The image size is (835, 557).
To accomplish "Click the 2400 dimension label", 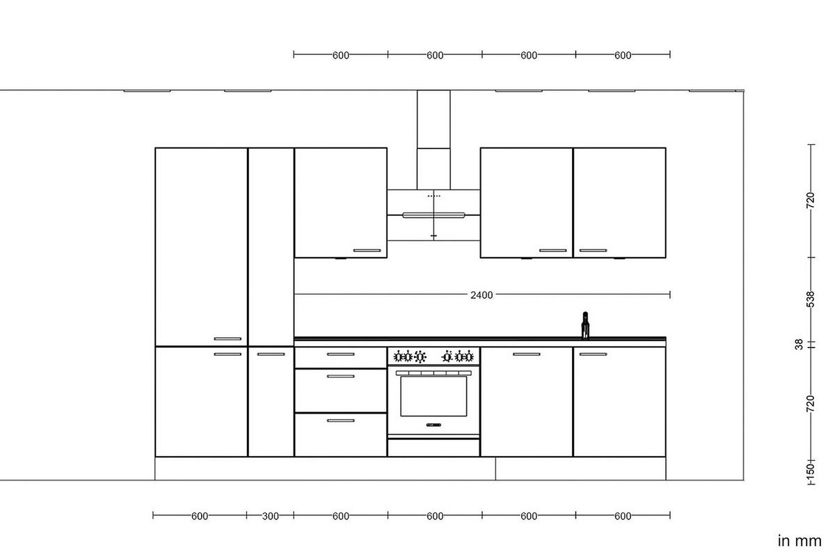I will click(x=481, y=295).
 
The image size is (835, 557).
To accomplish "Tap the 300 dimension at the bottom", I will click(x=270, y=516).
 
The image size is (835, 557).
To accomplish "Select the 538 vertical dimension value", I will click(x=810, y=299).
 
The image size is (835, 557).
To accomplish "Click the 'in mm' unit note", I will click(x=799, y=540).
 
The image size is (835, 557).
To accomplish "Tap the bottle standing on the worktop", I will click(x=585, y=325).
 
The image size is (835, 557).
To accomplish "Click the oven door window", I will click(x=434, y=397).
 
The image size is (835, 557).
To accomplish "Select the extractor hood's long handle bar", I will click(x=434, y=215).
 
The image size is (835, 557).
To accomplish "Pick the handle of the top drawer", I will click(x=340, y=354).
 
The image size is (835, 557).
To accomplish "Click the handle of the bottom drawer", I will click(x=340, y=421).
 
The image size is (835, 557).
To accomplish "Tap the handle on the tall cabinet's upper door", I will click(x=228, y=339).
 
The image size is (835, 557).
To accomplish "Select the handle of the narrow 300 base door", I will click(x=271, y=354).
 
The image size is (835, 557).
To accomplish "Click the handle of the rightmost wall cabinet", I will click(x=593, y=251).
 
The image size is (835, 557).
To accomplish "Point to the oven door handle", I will click(x=434, y=373).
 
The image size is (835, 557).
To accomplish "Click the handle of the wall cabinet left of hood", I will click(x=367, y=251).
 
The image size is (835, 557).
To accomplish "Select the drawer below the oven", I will click(x=434, y=448).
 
